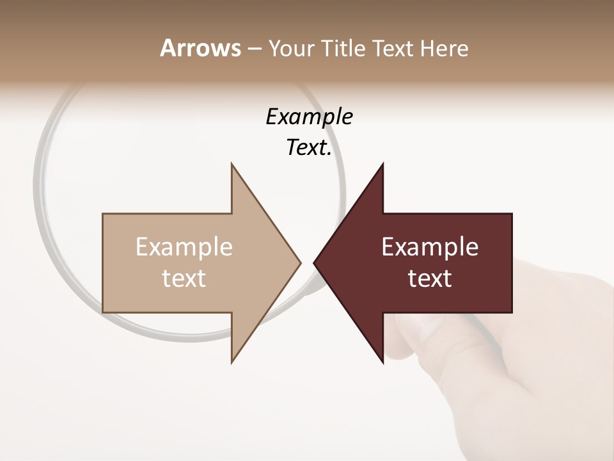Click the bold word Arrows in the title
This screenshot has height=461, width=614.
point(200,48)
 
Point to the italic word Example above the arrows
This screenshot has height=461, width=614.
point(309,117)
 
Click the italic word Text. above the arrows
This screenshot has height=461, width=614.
point(309,147)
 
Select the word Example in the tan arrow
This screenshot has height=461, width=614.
point(184,247)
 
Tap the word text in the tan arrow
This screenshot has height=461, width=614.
point(184,279)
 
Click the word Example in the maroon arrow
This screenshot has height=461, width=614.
point(430,247)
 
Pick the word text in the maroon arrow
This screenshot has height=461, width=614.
point(430,279)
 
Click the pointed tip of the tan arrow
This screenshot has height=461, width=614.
point(299,263)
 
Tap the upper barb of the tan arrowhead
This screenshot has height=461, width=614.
point(233,168)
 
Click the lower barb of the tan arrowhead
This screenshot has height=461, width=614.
point(233,359)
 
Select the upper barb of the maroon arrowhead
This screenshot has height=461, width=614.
point(381,168)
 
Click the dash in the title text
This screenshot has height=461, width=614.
point(255,49)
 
